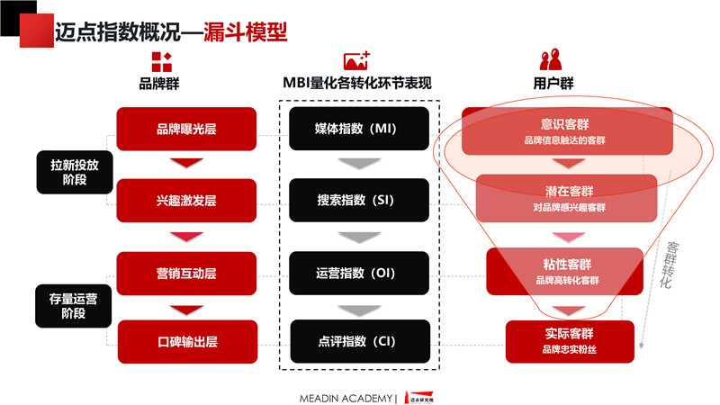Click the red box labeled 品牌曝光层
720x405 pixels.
pyautogui.click(x=186, y=129)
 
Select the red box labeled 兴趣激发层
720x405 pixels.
pyautogui.click(x=186, y=201)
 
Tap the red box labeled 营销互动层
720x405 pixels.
pyautogui.click(x=186, y=274)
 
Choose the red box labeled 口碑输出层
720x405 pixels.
pyautogui.click(x=187, y=342)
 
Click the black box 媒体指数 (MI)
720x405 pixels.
pyautogui.click(x=359, y=129)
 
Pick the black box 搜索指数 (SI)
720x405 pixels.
pyautogui.click(x=359, y=200)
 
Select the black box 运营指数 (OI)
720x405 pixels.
pyautogui.click(x=359, y=274)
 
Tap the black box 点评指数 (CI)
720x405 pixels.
pyautogui.click(x=360, y=341)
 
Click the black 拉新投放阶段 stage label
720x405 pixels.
pyautogui.click(x=75, y=172)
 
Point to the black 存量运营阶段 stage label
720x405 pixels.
pyautogui.click(x=74, y=306)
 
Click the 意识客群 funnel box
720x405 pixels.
pyautogui.click(x=567, y=131)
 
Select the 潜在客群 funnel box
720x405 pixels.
pyautogui.click(x=567, y=198)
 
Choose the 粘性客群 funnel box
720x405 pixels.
pyautogui.click(x=565, y=272)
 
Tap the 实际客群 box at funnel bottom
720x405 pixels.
pyautogui.click(x=570, y=342)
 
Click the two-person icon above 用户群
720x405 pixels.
pyautogui.click(x=551, y=59)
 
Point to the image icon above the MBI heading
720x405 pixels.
pyautogui.click(x=356, y=60)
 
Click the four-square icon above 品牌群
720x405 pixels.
pyautogui.click(x=162, y=62)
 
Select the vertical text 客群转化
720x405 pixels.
pyautogui.click(x=669, y=265)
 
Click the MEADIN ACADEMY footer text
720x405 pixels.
pyautogui.click(x=346, y=398)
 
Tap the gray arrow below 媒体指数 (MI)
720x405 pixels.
pyautogui.click(x=359, y=164)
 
